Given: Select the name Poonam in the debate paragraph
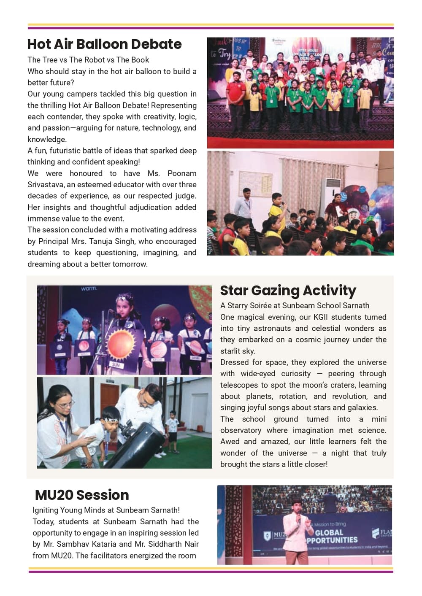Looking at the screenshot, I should (182, 173).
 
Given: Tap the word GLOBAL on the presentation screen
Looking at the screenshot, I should (329, 533).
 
